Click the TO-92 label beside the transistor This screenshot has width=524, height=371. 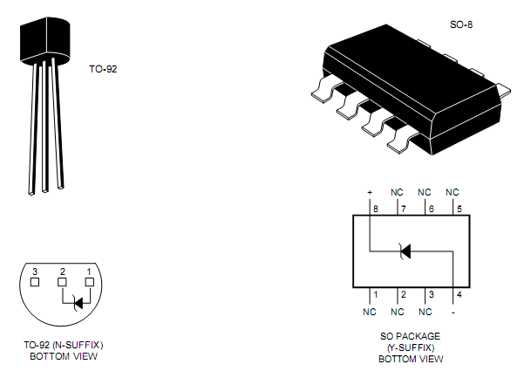pyautogui.click(x=103, y=68)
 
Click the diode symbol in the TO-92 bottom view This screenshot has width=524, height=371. pyautogui.click(x=78, y=304)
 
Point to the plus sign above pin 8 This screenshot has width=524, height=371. pyautogui.click(x=371, y=192)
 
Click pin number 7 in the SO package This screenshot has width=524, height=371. pyautogui.click(x=403, y=210)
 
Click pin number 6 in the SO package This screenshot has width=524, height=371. pyautogui.click(x=430, y=210)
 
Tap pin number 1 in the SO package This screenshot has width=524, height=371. pyautogui.click(x=375, y=294)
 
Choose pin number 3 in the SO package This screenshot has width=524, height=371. pyautogui.click(x=431, y=294)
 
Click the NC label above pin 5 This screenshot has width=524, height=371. pyautogui.click(x=452, y=192)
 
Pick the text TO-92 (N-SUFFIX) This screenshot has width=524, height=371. pyautogui.click(x=64, y=346)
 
